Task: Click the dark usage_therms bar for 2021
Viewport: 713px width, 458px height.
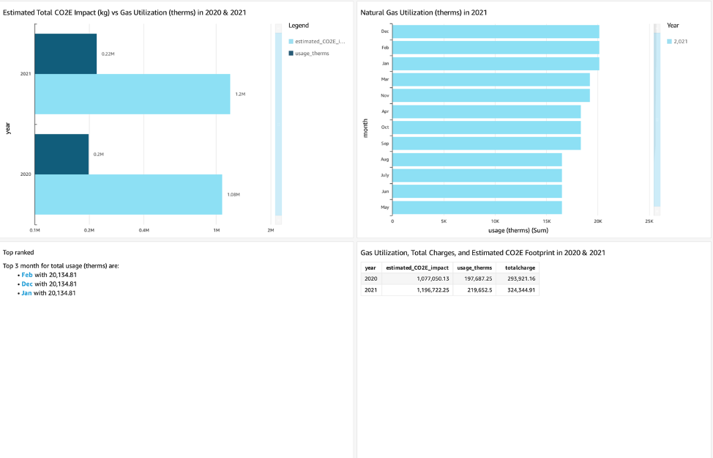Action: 66,53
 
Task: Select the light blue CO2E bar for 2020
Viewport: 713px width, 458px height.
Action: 128,194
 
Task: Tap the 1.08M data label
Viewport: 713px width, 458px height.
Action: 234,194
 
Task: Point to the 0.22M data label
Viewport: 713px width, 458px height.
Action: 108,54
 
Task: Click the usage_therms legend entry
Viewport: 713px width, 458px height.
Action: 311,53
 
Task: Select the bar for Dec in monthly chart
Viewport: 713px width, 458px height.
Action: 496,32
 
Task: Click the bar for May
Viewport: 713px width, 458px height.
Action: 477,207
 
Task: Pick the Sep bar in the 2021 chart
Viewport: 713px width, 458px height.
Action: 486,144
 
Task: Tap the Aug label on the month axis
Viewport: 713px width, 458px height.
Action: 384,159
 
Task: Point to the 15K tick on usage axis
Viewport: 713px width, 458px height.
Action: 547,221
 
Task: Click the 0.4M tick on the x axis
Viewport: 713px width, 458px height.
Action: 143,230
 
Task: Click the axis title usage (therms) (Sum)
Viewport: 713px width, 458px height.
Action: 518,229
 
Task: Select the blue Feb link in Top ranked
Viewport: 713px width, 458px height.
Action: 27,274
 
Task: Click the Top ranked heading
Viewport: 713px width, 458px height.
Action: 18,252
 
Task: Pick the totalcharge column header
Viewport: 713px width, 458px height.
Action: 520,267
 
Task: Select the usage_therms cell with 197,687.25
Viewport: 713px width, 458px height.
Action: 475,278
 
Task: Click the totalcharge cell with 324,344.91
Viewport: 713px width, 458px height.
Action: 520,289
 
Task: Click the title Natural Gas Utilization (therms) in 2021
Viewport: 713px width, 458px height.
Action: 424,12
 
